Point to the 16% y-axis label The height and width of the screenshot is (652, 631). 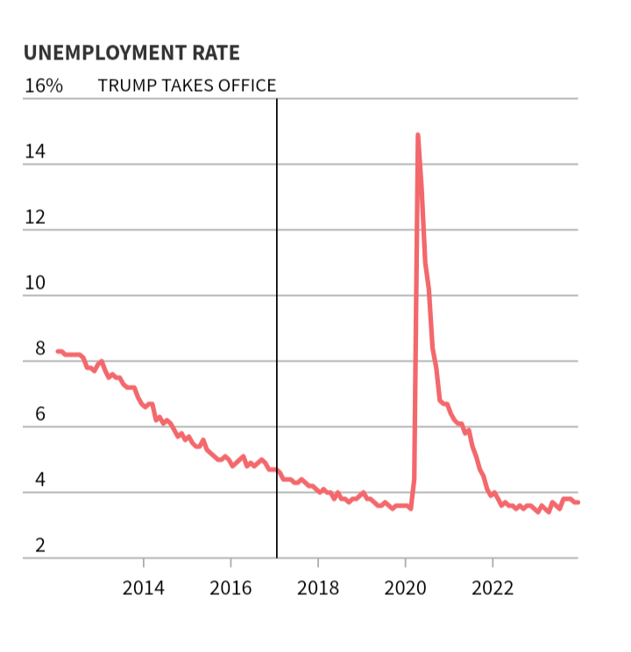[43, 86]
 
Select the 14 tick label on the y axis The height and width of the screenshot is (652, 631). [34, 151]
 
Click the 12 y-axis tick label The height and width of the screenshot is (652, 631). [34, 217]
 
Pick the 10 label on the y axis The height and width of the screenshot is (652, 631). [34, 283]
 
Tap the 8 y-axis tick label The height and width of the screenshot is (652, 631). [39, 348]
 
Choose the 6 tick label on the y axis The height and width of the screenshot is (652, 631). [39, 414]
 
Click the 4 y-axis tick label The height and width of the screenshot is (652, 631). [39, 480]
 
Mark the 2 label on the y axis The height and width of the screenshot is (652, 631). [39, 545]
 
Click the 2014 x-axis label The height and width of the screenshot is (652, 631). [143, 586]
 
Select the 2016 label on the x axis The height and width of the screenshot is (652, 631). [230, 586]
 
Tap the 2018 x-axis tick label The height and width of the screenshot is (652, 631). [317, 586]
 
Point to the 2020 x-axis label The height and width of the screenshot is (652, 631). [405, 586]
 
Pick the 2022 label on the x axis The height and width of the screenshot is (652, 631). [493, 586]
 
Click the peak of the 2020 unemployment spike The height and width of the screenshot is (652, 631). [417, 135]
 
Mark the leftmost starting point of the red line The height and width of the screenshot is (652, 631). [58, 351]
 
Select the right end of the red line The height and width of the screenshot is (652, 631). [578, 501]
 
